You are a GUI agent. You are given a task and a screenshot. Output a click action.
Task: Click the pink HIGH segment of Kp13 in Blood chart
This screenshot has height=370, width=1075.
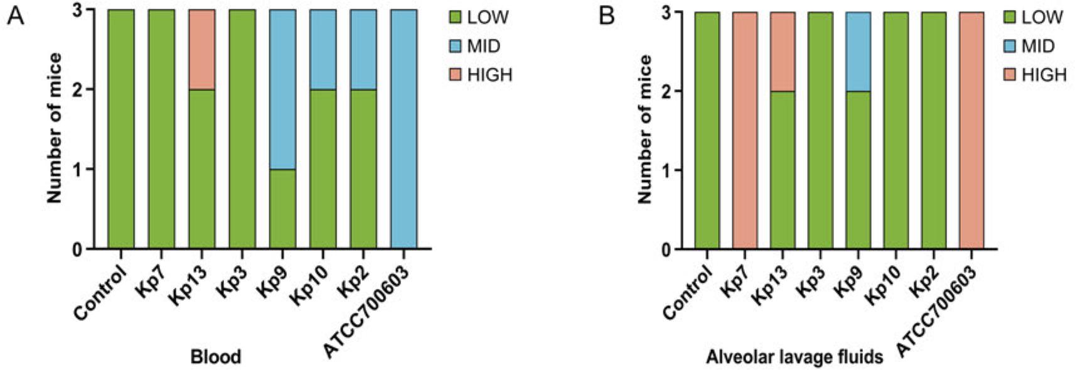[x=201, y=50]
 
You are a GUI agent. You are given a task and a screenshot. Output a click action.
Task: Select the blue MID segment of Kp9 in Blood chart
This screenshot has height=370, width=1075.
[x=282, y=89]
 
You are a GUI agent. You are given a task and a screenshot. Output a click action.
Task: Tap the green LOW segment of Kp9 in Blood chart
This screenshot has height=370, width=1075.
[x=282, y=209]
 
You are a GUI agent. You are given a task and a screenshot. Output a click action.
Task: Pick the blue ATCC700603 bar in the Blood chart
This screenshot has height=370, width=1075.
[x=404, y=129]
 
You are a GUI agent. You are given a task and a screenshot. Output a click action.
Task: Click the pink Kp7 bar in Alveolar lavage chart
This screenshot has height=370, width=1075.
[x=744, y=131]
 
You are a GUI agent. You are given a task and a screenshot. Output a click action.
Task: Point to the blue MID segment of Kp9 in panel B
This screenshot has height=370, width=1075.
[x=858, y=52]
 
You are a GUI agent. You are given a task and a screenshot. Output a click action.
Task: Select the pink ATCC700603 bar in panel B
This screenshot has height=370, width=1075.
[x=971, y=131]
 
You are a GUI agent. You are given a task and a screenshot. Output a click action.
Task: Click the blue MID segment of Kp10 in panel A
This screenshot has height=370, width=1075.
[x=323, y=50]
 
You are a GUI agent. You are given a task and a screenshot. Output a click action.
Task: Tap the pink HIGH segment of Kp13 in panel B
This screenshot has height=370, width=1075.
[x=783, y=52]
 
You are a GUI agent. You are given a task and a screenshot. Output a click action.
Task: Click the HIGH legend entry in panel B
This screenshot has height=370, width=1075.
[x=1035, y=75]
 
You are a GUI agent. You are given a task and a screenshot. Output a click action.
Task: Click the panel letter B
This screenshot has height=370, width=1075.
[x=607, y=16]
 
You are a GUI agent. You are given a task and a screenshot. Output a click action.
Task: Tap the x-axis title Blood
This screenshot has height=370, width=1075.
[x=215, y=357]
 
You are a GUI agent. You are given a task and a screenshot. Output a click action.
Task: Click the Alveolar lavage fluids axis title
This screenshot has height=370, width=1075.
[x=794, y=357]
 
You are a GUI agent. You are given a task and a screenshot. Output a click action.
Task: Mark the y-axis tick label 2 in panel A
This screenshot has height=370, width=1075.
[x=77, y=90]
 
